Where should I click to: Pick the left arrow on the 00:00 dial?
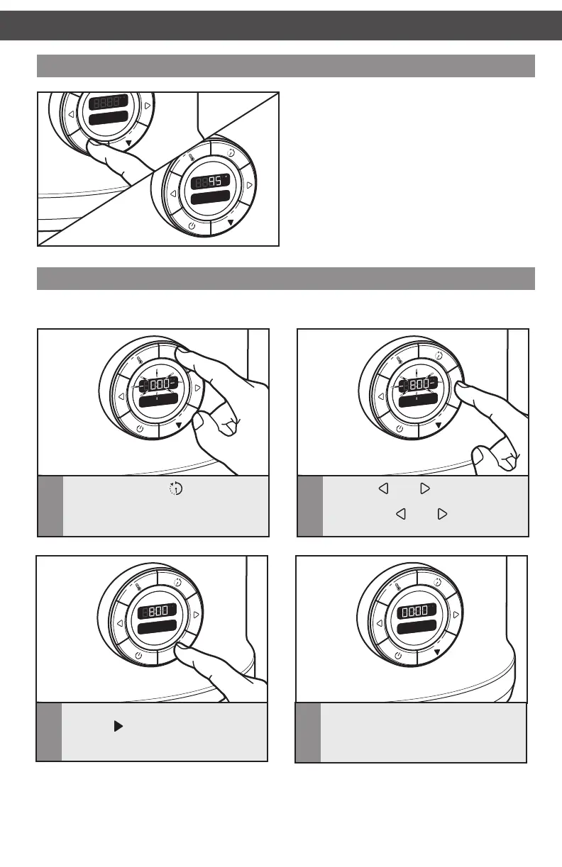[x=379, y=623]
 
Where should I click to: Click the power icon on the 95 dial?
[x=192, y=227]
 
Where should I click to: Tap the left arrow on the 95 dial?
[x=172, y=194]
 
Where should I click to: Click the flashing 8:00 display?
[x=418, y=385]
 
